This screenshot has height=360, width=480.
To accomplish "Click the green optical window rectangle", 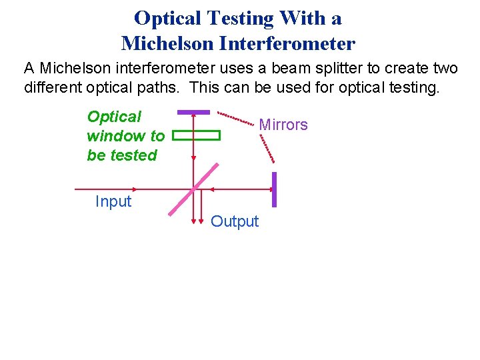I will tap(196, 135).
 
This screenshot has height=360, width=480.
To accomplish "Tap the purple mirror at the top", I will tap(193, 111).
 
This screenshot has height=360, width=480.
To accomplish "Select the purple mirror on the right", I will tap(274, 189).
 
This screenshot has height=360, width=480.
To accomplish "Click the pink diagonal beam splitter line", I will tap(194, 189).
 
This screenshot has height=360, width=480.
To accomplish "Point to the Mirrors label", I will tap(283, 125).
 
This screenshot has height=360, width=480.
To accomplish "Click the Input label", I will tap(113, 201).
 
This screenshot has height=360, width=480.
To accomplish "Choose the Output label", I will tap(235, 221).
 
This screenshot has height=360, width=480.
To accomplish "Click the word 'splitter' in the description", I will tap(309, 69).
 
